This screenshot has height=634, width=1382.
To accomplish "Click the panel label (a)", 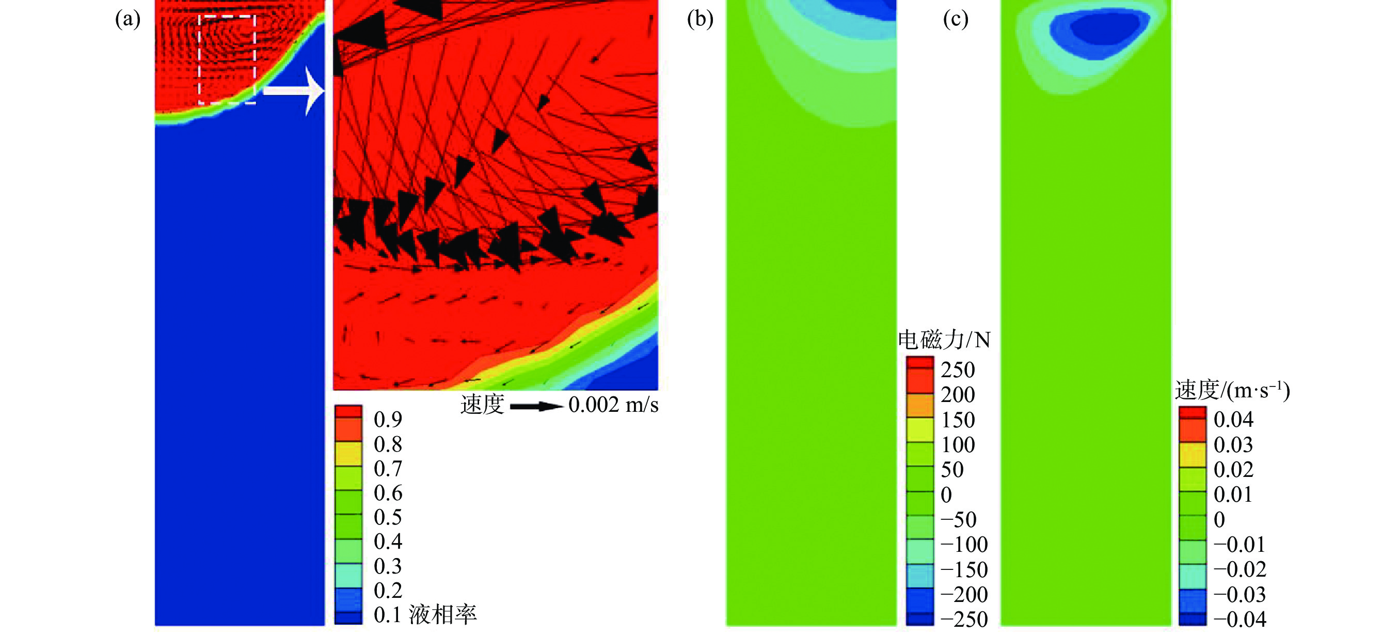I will [128, 19].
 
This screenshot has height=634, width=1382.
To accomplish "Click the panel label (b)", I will [700, 19].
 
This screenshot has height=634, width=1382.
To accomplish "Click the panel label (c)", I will [956, 19].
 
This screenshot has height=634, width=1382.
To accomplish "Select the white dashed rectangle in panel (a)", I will [227, 59].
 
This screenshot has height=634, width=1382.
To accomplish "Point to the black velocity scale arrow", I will [535, 406].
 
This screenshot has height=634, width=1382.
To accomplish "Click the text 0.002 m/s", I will [613, 405].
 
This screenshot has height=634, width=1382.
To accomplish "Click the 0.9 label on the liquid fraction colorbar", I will [388, 420].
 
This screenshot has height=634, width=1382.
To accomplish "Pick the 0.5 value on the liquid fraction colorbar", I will [388, 518].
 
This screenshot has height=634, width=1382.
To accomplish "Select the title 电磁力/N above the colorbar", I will [944, 340].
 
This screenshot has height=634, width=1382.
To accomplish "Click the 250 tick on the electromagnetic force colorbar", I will [958, 370].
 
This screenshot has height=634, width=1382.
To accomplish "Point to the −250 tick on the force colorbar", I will [964, 620].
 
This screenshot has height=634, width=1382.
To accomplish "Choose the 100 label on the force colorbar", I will [958, 445].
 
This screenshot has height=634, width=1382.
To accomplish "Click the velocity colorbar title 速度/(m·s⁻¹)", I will [1232, 390].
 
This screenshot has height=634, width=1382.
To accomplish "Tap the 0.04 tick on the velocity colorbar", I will [1233, 420].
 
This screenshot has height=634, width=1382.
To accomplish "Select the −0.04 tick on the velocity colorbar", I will [1240, 620].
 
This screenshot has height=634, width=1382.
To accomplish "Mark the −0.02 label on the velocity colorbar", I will [1240, 569].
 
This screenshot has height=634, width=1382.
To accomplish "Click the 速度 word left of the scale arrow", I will [482, 405].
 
